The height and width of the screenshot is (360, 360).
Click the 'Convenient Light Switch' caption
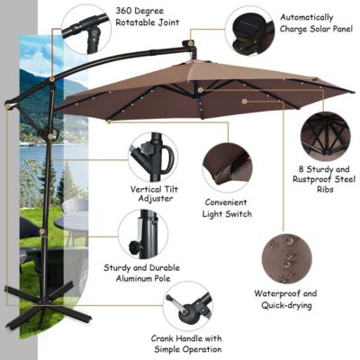coord(227,209)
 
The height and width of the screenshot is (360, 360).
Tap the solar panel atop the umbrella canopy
coord(189,44)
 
